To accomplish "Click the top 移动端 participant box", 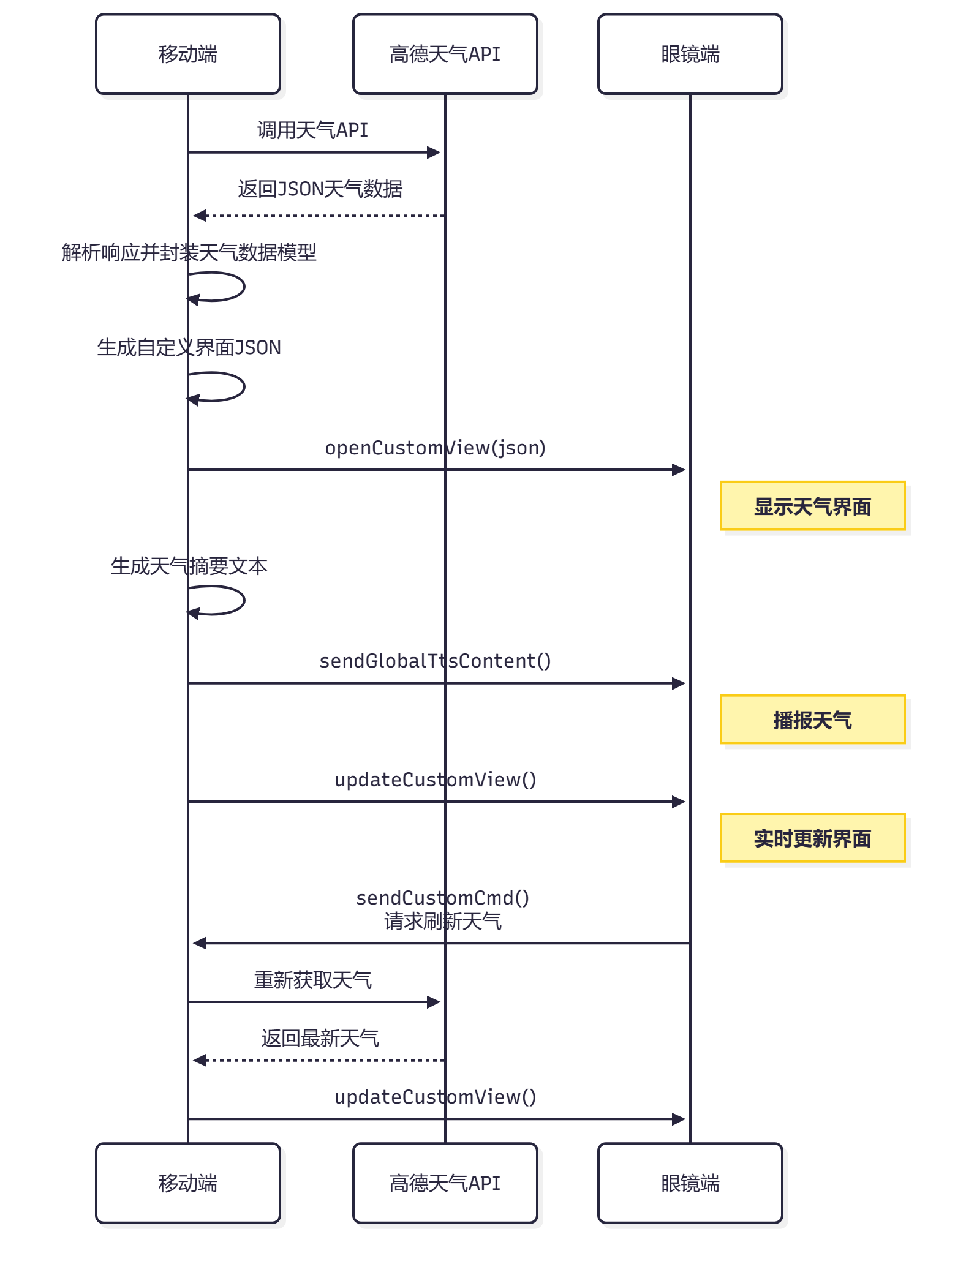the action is [188, 54].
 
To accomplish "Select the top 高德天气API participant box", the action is [445, 54].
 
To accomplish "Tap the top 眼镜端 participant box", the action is [690, 54].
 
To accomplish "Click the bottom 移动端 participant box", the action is [188, 1183].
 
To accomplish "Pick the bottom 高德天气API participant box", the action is [445, 1183].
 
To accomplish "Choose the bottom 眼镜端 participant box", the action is [690, 1183].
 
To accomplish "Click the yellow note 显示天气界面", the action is [813, 506].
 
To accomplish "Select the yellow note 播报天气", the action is [813, 720].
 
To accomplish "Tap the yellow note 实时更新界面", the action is [813, 838].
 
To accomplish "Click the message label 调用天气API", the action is [312, 130].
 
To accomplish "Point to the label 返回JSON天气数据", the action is [320, 189].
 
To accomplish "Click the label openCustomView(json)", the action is [435, 448].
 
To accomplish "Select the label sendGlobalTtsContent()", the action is [435, 661].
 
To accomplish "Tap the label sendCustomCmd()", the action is [442, 898].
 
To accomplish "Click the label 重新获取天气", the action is [312, 980].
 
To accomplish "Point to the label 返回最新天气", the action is [320, 1038].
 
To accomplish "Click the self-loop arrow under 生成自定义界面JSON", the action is [244, 387].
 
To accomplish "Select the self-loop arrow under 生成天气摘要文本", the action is [244, 601].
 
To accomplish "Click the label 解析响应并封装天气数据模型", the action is [189, 252].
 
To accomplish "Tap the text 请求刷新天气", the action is [442, 921].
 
